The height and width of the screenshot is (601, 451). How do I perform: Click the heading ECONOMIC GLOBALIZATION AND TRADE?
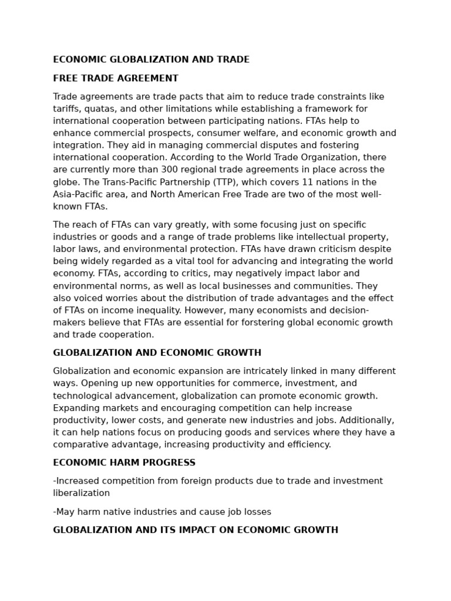(151, 60)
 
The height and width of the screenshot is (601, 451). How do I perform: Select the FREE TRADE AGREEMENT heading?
(116, 79)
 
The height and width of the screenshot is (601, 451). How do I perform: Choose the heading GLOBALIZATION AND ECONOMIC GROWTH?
(157, 353)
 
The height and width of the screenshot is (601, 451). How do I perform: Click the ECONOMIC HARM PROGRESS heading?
(124, 463)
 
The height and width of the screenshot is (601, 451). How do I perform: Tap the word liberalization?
(81, 494)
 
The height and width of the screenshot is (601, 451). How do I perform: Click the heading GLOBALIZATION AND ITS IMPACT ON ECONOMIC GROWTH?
(196, 531)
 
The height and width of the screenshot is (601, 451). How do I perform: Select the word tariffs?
(66, 109)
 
